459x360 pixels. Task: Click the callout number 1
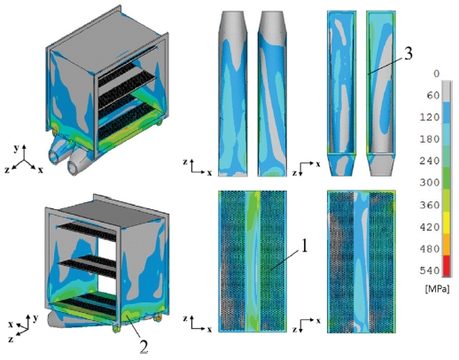tap(304, 246)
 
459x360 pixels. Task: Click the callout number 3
tap(408, 53)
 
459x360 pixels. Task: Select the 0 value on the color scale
tap(436, 74)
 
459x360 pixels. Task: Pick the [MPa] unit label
tap(438, 289)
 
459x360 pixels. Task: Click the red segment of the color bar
tap(447, 266)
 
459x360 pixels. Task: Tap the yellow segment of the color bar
tap(447, 223)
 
